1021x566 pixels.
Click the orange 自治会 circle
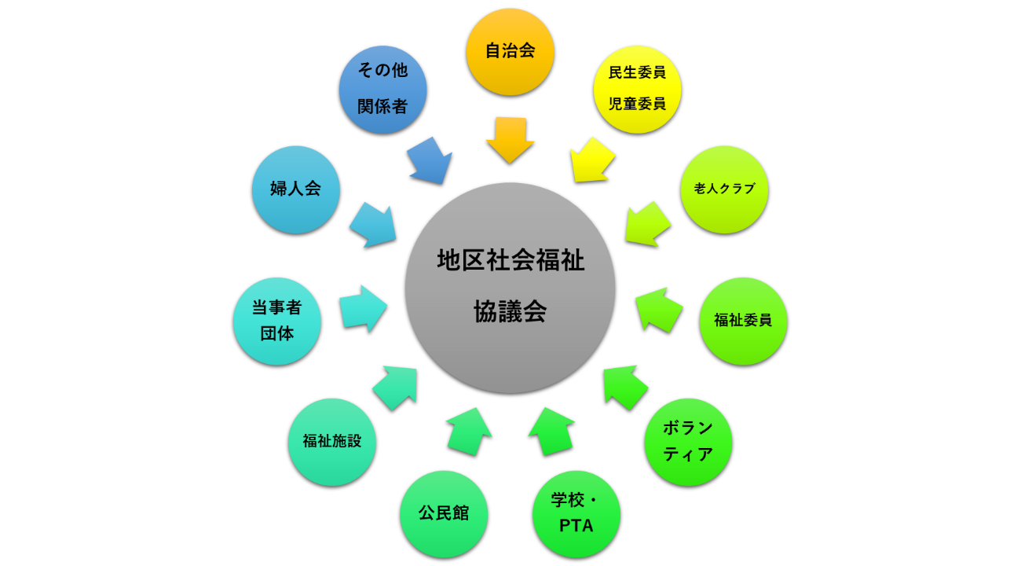[510, 52]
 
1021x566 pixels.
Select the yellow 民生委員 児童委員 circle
[637, 89]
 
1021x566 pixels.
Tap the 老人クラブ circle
[724, 189]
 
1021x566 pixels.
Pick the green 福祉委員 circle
[743, 321]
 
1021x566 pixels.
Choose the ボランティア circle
[688, 442]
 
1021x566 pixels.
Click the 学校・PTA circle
[576, 514]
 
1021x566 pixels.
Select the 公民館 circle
[444, 514]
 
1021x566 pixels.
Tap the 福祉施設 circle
[332, 442]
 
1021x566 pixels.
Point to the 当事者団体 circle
[277, 321]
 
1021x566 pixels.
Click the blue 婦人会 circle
[296, 189]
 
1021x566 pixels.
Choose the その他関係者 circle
[383, 89]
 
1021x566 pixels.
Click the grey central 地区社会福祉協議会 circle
[510, 288]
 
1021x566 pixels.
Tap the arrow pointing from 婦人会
[372, 224]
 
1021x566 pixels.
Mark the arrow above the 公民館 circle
[468, 431]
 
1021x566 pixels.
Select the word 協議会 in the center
[510, 312]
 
